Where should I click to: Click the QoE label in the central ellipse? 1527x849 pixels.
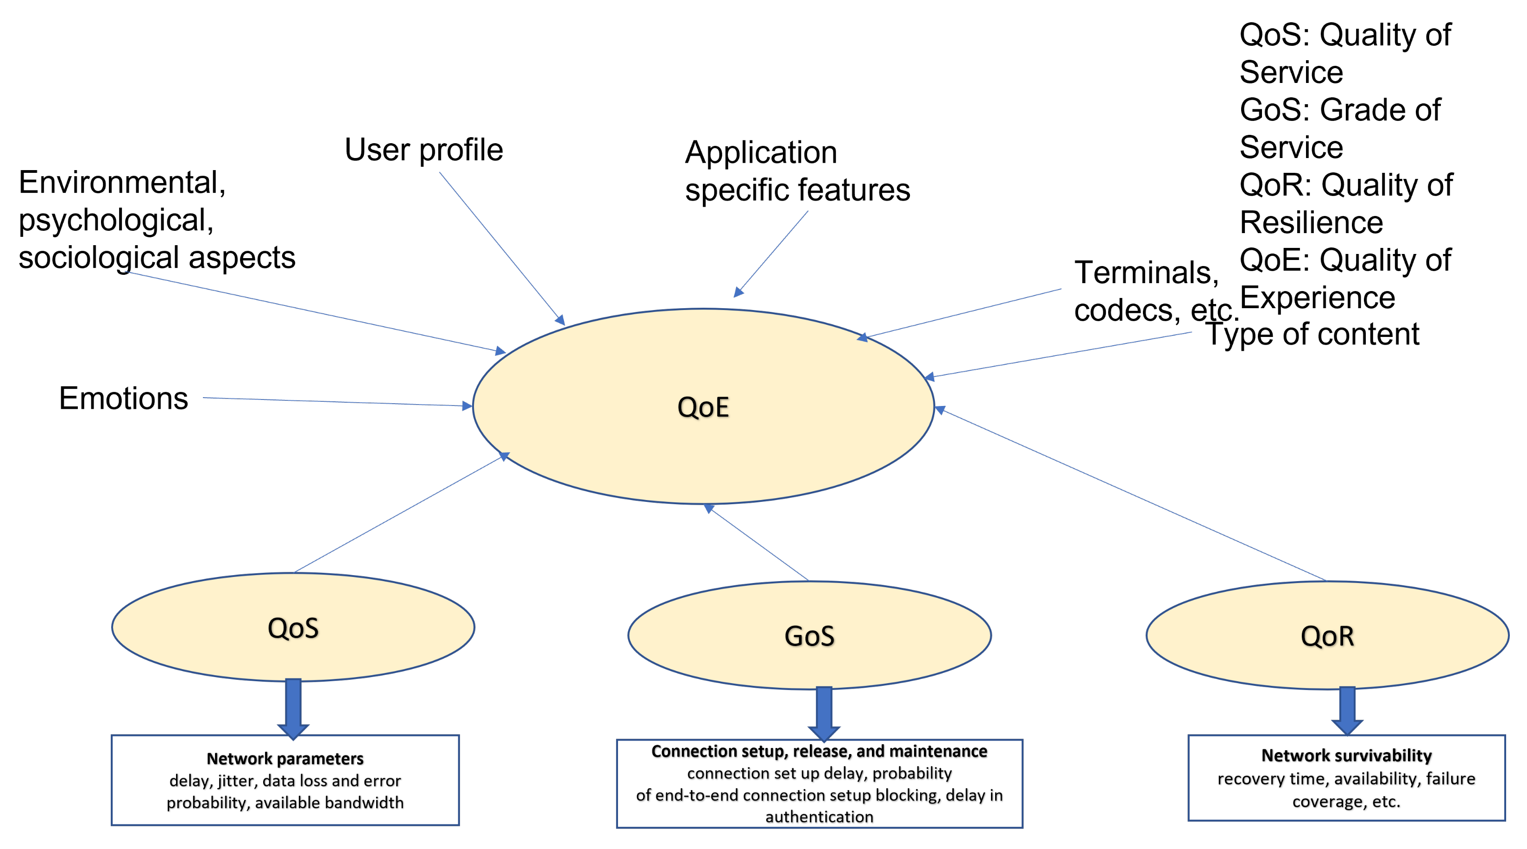tap(703, 407)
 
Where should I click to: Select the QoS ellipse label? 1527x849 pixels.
tap(293, 628)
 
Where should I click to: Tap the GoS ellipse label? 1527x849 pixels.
tap(809, 636)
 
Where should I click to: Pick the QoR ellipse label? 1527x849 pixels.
tap(1327, 636)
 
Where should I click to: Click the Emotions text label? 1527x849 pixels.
tap(123, 398)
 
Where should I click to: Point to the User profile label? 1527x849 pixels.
tap(423, 149)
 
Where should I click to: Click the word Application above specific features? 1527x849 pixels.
tap(761, 152)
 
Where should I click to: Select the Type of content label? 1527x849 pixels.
tap(1312, 334)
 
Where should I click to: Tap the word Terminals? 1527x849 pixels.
tap(1146, 272)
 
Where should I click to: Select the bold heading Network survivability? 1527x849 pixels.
tap(1346, 755)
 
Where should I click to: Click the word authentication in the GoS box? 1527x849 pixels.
tap(819, 817)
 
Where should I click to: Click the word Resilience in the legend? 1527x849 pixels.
tap(1311, 223)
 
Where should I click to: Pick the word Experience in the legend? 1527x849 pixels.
tap(1317, 298)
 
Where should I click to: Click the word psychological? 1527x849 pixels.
tap(116, 221)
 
